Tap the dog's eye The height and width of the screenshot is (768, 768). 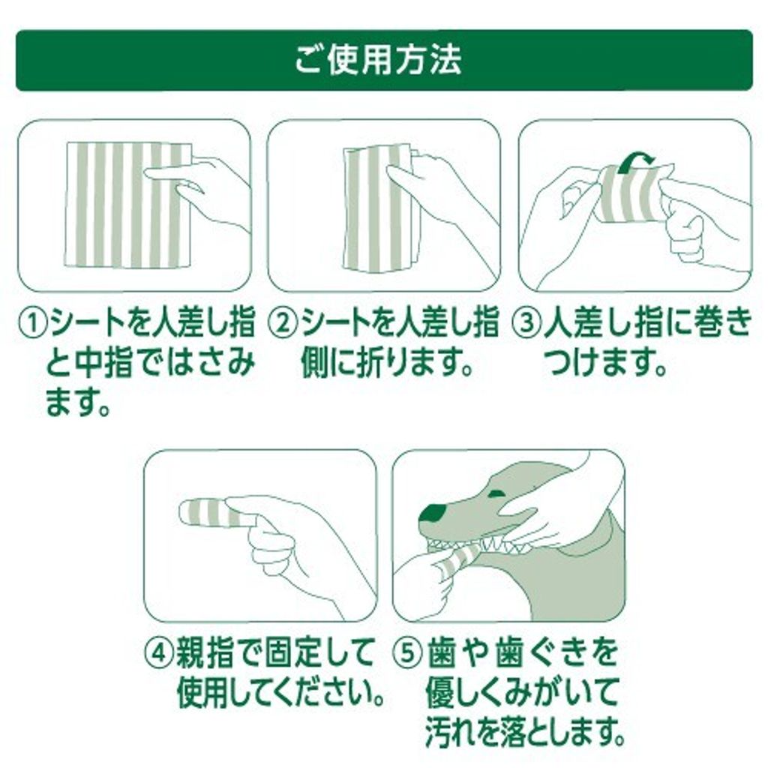[x=496, y=493]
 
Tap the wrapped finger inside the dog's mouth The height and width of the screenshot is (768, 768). [x=459, y=559]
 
